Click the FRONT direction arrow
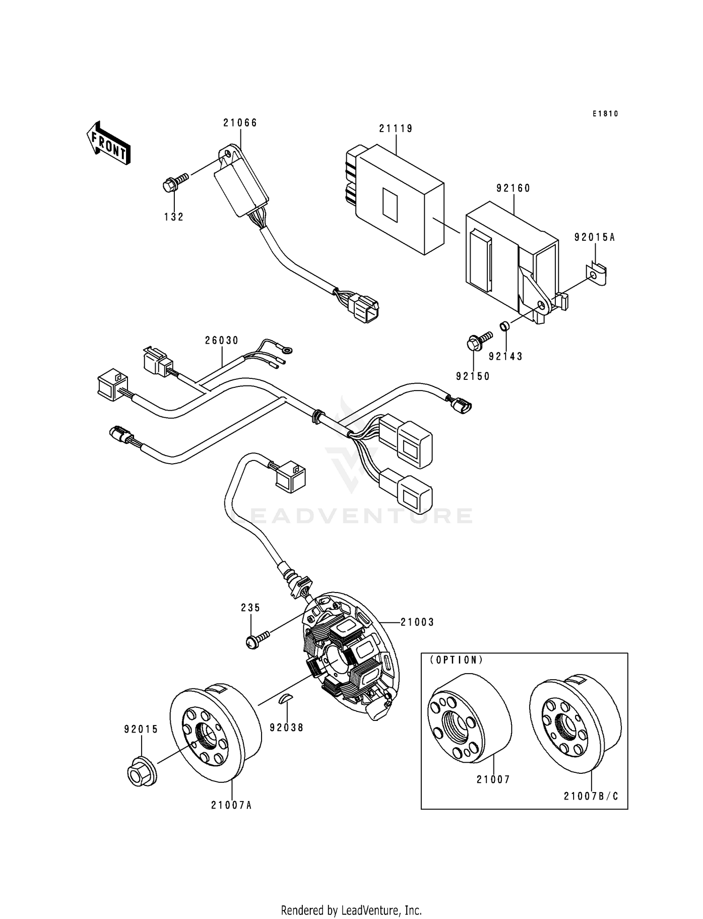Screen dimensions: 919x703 108,143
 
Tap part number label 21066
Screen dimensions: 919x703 240,123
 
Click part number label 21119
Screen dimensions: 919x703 396,128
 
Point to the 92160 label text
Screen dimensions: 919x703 513,188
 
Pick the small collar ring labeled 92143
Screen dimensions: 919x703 504,325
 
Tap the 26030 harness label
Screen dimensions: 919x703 222,341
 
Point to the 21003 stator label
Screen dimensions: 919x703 417,622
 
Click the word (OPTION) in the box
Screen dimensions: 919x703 457,660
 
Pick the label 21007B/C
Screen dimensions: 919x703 591,796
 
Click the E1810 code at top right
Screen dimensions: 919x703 605,113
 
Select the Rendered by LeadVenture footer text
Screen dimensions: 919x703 351,910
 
